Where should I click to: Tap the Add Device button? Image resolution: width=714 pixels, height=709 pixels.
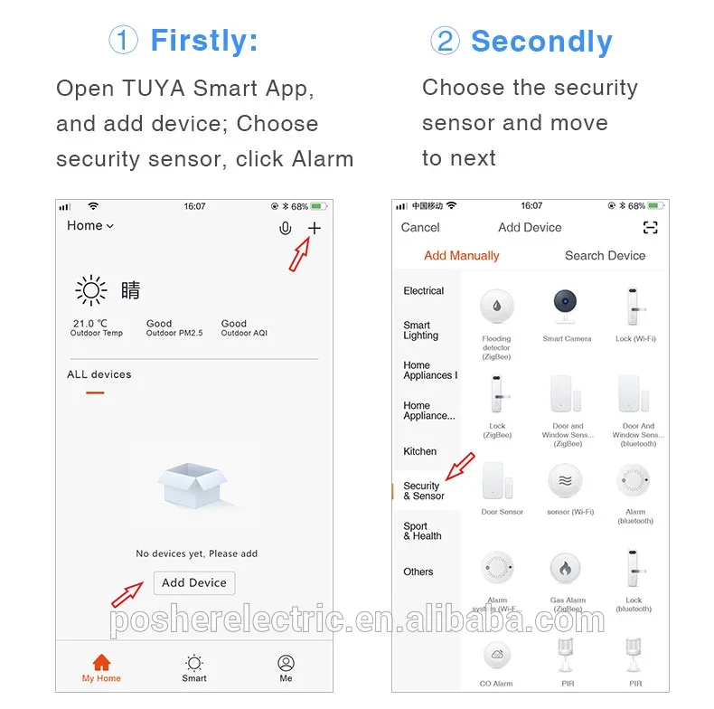(x=193, y=583)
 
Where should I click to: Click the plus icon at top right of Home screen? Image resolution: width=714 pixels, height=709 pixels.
(x=314, y=228)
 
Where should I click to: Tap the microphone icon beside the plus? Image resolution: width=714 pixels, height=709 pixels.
(x=286, y=229)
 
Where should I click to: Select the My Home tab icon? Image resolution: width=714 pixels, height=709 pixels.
(x=101, y=664)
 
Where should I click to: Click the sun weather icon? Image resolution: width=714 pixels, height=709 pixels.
(x=91, y=290)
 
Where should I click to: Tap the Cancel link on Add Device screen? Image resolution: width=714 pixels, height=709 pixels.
(x=420, y=228)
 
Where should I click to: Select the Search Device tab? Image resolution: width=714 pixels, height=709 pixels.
(x=605, y=256)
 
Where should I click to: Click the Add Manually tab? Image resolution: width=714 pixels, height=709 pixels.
(x=461, y=256)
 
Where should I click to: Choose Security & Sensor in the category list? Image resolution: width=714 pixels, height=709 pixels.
(x=424, y=491)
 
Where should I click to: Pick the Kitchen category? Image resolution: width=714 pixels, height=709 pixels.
(x=419, y=451)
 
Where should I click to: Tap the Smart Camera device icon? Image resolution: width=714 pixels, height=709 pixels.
(x=567, y=308)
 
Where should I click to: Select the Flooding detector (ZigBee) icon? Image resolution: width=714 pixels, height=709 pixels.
(x=496, y=308)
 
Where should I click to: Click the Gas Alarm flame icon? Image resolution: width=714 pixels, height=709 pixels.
(x=566, y=570)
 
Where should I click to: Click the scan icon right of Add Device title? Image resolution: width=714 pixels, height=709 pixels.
(x=650, y=228)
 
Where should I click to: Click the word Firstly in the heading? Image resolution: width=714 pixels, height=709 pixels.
(x=203, y=41)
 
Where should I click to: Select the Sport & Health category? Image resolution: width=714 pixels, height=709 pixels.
(x=422, y=531)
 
